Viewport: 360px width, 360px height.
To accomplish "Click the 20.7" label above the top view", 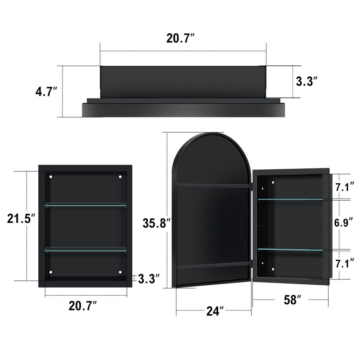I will [180, 39].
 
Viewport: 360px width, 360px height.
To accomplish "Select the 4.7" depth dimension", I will [46, 92].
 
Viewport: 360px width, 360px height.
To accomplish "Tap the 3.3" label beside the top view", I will [307, 81].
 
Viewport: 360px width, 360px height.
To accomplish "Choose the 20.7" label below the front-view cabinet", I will [82, 306].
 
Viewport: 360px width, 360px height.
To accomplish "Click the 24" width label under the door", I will [213, 310].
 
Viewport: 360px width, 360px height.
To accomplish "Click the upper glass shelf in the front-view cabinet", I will [85, 205].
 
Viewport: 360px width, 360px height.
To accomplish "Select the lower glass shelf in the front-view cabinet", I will [85, 248].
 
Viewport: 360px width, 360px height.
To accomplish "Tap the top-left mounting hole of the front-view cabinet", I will [51, 177].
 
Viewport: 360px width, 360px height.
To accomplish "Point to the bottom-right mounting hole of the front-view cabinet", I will [120, 272].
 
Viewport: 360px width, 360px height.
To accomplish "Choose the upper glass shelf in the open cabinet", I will [290, 198].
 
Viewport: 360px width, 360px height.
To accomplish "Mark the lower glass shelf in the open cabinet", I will [290, 249].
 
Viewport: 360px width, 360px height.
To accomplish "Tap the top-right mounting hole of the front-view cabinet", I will [120, 177].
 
